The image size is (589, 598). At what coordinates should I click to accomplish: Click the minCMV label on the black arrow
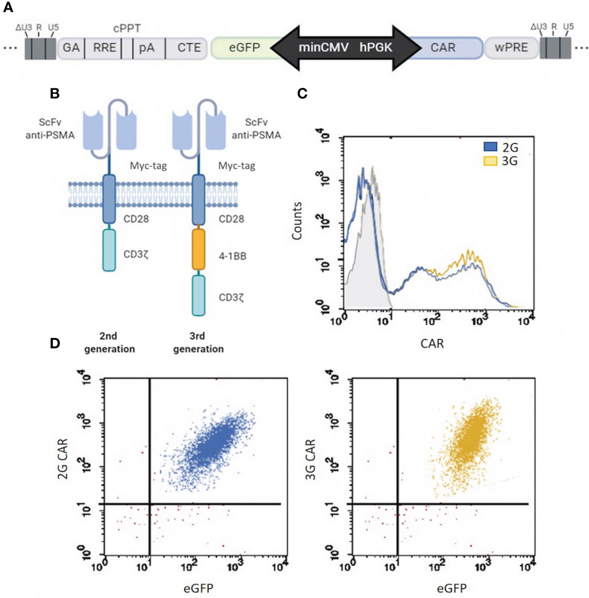click(x=324, y=48)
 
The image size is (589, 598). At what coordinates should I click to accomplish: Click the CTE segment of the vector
click(x=189, y=48)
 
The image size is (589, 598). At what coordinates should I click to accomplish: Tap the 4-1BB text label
click(x=232, y=257)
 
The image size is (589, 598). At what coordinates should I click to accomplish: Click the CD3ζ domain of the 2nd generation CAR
click(x=109, y=250)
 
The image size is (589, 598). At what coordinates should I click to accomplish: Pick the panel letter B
click(x=55, y=93)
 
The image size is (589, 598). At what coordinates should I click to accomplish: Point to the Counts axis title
click(x=297, y=220)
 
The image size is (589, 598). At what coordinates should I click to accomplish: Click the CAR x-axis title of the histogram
click(x=432, y=343)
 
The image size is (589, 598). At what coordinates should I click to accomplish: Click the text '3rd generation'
click(x=198, y=342)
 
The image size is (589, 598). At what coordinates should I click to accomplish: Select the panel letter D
click(x=55, y=343)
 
